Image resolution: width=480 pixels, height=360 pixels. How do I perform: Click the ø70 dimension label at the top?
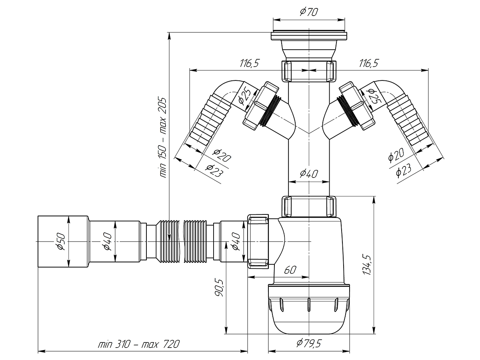(x=309, y=12)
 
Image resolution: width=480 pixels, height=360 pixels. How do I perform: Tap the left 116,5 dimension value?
(x=250, y=63)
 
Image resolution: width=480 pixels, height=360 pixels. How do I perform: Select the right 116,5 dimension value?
(x=369, y=63)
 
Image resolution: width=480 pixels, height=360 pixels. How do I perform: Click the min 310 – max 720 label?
(x=139, y=344)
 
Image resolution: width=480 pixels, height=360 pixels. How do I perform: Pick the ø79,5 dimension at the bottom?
(x=309, y=343)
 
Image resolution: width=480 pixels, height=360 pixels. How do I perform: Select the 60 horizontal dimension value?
(x=290, y=270)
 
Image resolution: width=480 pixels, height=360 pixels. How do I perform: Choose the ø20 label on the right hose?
(x=396, y=155)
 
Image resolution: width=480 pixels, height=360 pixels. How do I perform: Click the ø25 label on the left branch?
(x=245, y=96)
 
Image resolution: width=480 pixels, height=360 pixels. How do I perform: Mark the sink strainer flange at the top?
(x=309, y=36)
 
